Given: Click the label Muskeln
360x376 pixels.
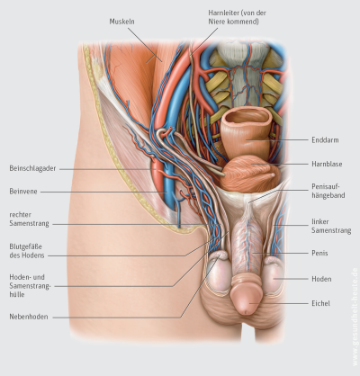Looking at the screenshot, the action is click(121, 22).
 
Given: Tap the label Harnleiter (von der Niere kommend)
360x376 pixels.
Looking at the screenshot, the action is click(238, 17).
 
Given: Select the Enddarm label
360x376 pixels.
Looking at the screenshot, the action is click(325, 140).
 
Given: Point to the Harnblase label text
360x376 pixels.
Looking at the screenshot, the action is click(327, 164).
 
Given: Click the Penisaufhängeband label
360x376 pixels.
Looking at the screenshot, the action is click(328, 191).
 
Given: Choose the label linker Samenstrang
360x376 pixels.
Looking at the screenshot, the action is click(331, 226).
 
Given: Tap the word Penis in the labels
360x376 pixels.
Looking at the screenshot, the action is click(319, 253).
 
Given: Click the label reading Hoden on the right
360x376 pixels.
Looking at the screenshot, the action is click(321, 279).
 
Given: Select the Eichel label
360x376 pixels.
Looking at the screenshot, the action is click(321, 303).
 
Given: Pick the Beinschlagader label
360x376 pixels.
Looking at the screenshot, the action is click(32, 168).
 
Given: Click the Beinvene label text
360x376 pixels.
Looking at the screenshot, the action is click(23, 192).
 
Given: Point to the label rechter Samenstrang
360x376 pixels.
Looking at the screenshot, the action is click(29, 219).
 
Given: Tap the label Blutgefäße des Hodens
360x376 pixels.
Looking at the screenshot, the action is click(27, 251).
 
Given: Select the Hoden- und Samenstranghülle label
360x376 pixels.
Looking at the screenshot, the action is click(30, 286).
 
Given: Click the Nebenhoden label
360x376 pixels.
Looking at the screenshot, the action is click(29, 317).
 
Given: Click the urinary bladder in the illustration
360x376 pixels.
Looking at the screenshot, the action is click(251, 174).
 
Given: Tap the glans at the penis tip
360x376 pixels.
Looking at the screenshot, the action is click(247, 299).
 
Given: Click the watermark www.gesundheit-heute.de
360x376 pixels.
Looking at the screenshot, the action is click(355, 317).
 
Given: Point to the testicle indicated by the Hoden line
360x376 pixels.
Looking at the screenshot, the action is click(274, 276).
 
